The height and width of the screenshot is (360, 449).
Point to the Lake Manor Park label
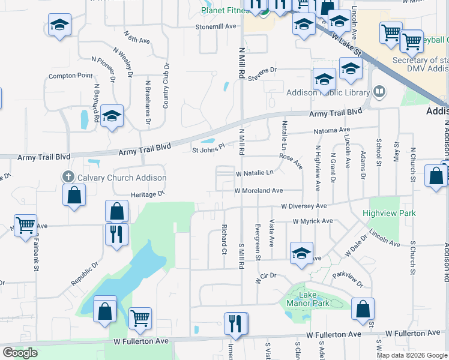click(x=308, y=299)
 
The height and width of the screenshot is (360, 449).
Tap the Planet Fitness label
click(x=224, y=10)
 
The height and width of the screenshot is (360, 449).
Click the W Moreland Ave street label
click(x=259, y=191)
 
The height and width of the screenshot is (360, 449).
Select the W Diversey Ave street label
click(x=301, y=206)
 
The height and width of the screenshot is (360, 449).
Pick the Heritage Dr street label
click(x=148, y=194)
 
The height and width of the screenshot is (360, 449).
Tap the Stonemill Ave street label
click(x=215, y=27)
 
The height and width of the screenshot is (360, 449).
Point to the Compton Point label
click(x=71, y=76)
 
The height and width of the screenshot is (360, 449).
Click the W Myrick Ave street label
click(x=313, y=221)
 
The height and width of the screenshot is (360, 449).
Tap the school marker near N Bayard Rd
click(x=112, y=116)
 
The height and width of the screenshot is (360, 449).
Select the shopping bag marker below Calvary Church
click(x=74, y=195)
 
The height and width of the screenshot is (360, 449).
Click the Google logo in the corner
click(x=20, y=353)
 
